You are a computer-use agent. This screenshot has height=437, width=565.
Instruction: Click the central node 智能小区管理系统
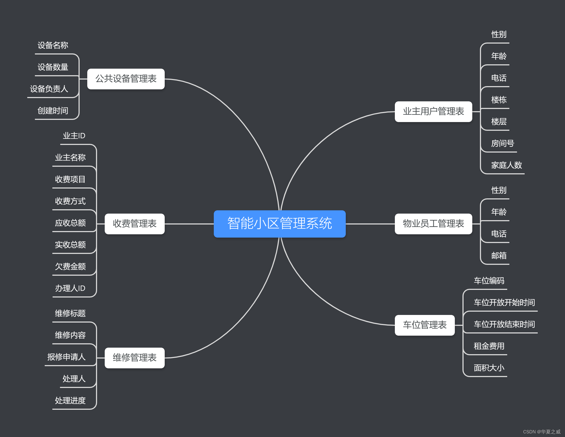coord(280,224)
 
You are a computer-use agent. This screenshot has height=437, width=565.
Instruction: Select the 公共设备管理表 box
coord(126,79)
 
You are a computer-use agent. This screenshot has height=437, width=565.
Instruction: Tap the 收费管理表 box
coord(134,224)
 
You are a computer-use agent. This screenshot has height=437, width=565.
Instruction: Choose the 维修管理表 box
coord(134,358)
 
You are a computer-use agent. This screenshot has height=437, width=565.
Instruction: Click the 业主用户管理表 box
coord(433,111)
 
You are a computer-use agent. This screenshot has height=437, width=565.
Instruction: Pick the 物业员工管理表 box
coord(433,224)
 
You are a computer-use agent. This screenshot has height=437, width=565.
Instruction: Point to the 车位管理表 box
coord(425,325)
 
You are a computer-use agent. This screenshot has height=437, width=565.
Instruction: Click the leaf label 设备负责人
coord(49,89)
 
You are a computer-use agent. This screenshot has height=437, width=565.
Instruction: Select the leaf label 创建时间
coord(53,111)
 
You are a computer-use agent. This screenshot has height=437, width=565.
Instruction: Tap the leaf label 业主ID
coord(74,136)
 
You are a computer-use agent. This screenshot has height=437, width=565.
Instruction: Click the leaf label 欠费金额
coord(70,266)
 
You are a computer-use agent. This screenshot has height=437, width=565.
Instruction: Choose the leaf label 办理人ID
coord(70,288)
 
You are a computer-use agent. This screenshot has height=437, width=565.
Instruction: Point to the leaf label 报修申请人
coord(67,357)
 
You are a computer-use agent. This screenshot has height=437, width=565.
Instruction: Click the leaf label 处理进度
coord(70,400)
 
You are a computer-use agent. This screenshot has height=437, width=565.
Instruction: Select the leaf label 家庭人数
coord(506,165)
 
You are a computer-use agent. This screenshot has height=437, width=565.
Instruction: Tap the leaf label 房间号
coord(503,143)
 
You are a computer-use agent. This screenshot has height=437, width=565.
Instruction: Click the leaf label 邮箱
coord(499,256)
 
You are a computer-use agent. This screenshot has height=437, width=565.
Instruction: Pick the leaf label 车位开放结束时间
coord(504,324)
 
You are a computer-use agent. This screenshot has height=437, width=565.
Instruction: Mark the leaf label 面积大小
coord(489,368)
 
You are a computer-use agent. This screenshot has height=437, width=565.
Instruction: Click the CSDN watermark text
coord(542,432)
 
